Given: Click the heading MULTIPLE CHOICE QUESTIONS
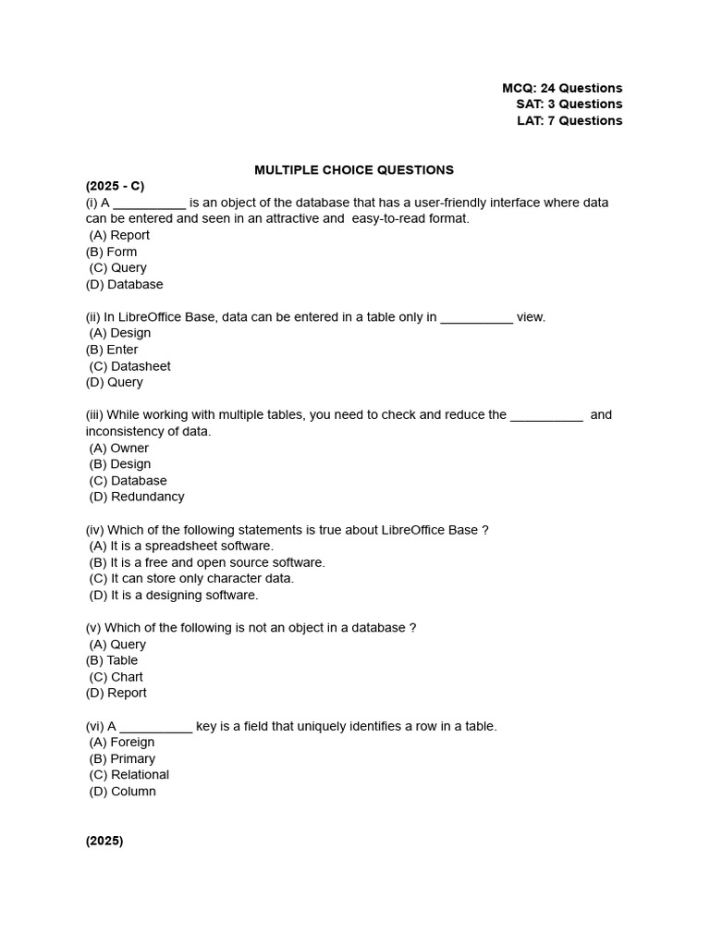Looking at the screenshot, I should coord(354,170).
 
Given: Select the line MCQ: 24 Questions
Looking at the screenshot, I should coord(562,88).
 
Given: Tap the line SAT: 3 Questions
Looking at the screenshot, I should coord(569,104).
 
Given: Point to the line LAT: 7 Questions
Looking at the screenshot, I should coord(569,120).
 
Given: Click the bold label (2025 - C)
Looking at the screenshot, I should coord(116,186).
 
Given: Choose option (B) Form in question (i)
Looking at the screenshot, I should coord(111,252).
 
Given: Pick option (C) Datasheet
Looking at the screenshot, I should coord(130,366).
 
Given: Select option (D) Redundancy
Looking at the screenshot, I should coord(137,497).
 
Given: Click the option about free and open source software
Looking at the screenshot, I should coord(207,562).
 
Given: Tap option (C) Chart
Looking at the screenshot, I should coord(116,677).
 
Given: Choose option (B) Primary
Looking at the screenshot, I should coord(122,758).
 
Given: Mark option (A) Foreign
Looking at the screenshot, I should coord(122,742).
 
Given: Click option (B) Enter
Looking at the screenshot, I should coord(112,350).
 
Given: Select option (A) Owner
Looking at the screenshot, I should coord(119,448).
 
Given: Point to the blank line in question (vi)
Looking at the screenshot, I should coord(156,728).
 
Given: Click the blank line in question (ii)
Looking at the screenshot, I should coord(476,319).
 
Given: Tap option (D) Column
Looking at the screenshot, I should coord(123,791).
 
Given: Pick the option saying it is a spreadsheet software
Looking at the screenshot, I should coord(181,546).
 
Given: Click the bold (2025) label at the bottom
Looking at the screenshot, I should coord(104,841).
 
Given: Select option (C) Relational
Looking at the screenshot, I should coord(129,774).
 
